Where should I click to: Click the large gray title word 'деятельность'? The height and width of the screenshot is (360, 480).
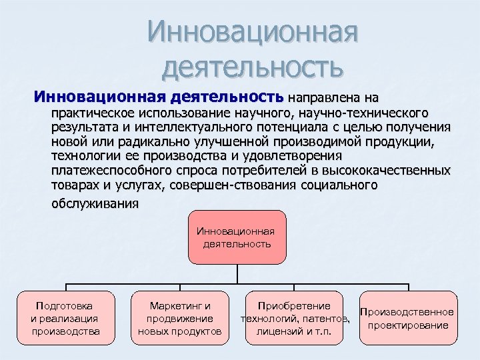point(253,66)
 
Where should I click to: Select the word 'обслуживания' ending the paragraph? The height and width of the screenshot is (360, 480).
point(95,203)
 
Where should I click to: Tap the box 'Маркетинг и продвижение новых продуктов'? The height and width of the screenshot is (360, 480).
point(180,318)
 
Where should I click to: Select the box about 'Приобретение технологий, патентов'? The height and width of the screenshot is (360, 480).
point(294,318)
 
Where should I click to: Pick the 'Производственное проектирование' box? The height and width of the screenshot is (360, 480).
point(408,318)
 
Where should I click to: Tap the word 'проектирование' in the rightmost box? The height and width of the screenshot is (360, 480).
point(408,325)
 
